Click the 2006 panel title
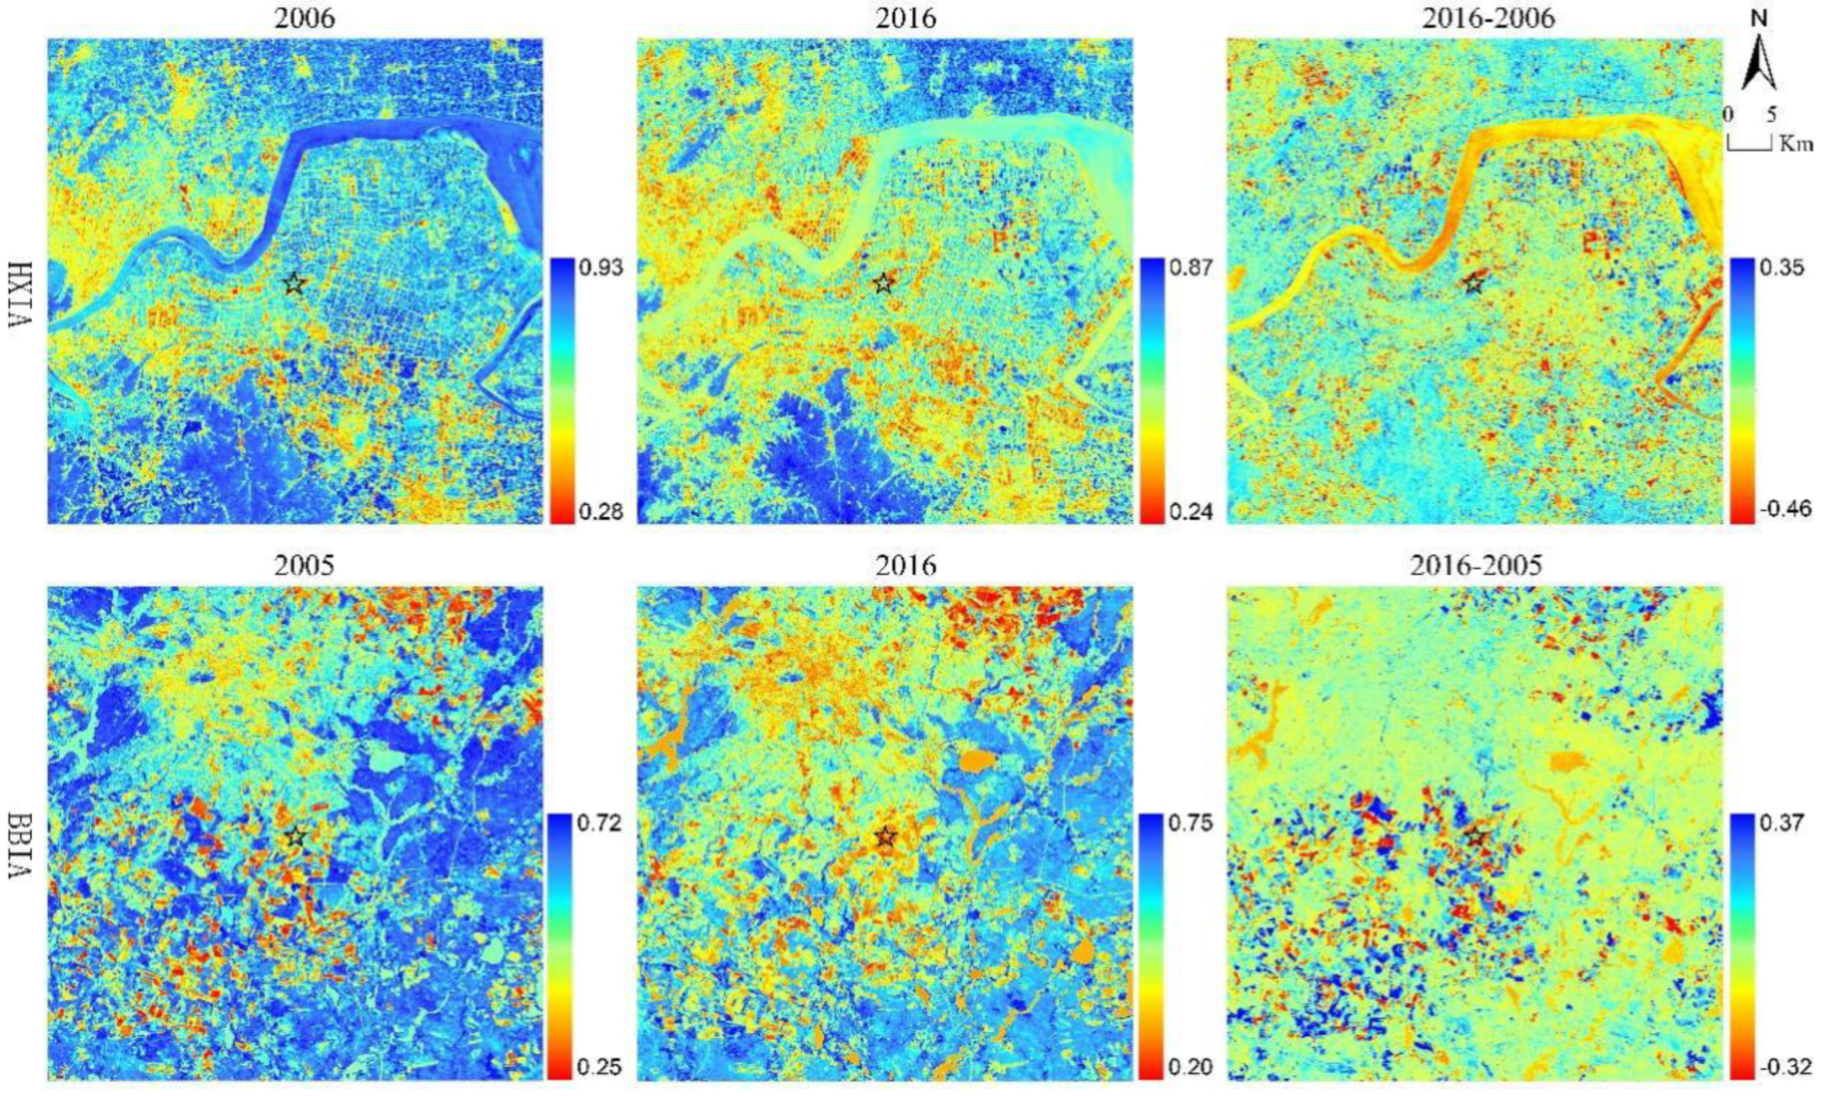(304, 19)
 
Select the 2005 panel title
(304, 565)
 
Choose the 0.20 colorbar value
(1191, 1066)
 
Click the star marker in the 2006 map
(294, 283)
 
